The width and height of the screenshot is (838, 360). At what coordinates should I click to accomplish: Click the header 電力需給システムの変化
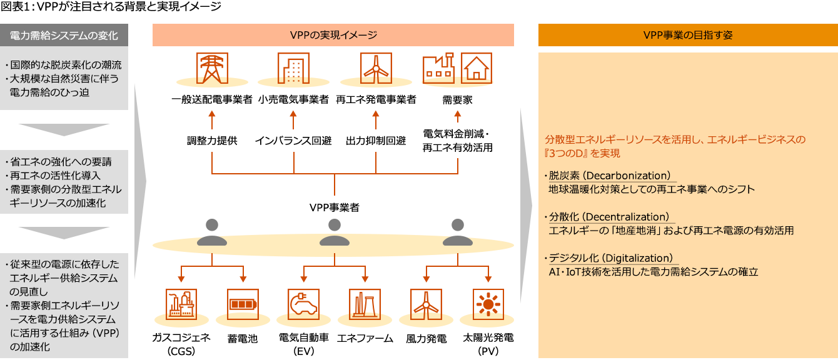click(64, 35)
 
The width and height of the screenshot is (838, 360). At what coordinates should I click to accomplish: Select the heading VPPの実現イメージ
click(333, 35)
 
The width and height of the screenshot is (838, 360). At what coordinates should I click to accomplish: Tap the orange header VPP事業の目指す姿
click(687, 35)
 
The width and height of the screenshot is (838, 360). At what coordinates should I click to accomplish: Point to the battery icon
click(243, 304)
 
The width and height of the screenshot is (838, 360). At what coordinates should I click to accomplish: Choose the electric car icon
click(303, 304)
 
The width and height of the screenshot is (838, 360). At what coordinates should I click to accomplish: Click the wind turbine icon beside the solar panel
click(426, 304)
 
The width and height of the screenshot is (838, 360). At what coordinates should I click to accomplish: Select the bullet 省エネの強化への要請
click(61, 162)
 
